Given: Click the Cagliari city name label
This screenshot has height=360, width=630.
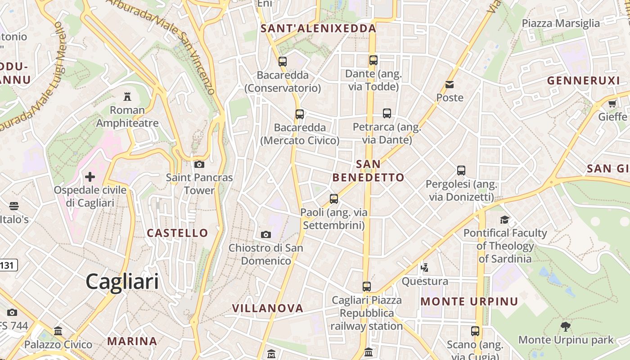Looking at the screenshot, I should click(122, 282).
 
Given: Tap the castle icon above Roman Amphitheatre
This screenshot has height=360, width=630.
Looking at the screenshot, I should click(127, 96).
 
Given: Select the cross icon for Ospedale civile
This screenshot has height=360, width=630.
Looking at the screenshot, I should click(90, 176).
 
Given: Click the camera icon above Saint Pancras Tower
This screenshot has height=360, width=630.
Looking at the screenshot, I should click(199, 164).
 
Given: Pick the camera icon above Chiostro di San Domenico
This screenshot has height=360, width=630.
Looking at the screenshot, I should click(266, 234).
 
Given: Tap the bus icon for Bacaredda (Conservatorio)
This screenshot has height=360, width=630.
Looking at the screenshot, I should click(283, 62).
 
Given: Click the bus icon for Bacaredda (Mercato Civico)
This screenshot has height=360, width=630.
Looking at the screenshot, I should click(300, 114).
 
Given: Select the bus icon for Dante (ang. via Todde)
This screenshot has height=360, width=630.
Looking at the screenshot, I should click(373, 60).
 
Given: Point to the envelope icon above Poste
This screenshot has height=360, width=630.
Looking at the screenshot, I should click(450, 85).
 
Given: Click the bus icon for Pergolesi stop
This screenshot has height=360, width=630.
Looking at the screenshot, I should click(461, 171).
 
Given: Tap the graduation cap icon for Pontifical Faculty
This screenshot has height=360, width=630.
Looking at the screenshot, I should click(505, 220).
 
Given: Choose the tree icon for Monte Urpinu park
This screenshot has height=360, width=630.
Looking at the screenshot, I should click(566, 327).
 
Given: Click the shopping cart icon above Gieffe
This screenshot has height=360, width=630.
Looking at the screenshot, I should click(612, 104).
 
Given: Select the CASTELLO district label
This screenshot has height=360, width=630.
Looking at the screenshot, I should click(178, 233).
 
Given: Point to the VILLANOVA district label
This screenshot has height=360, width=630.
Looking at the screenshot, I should click(268, 308).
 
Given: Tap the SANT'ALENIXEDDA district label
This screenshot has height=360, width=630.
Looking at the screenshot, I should click(318, 28).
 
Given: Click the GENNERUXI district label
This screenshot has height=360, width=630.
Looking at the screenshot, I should click(583, 81).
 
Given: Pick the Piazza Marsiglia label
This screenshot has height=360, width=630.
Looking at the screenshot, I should click(561, 23).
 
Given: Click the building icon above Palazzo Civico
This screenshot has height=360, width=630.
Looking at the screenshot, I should click(58, 331).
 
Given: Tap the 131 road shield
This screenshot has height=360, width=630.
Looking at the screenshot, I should click(7, 265).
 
